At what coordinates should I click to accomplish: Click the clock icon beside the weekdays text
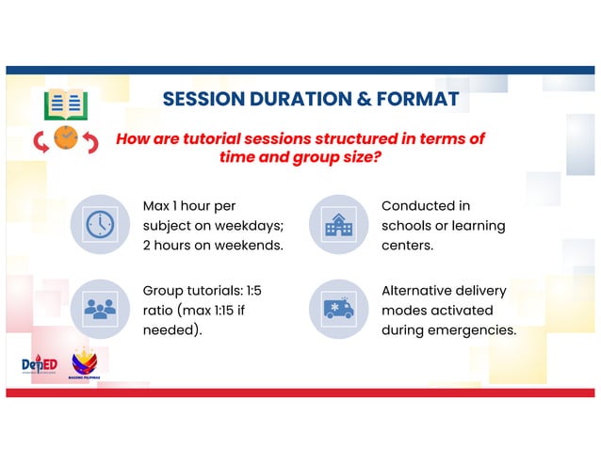(99, 223)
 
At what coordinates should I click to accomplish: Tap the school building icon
(337, 223)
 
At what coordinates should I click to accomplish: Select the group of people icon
(99, 308)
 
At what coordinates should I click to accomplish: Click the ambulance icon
(337, 308)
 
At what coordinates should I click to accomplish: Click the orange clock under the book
(66, 138)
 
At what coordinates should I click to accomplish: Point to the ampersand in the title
(359, 100)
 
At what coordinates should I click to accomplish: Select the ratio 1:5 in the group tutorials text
(249, 291)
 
